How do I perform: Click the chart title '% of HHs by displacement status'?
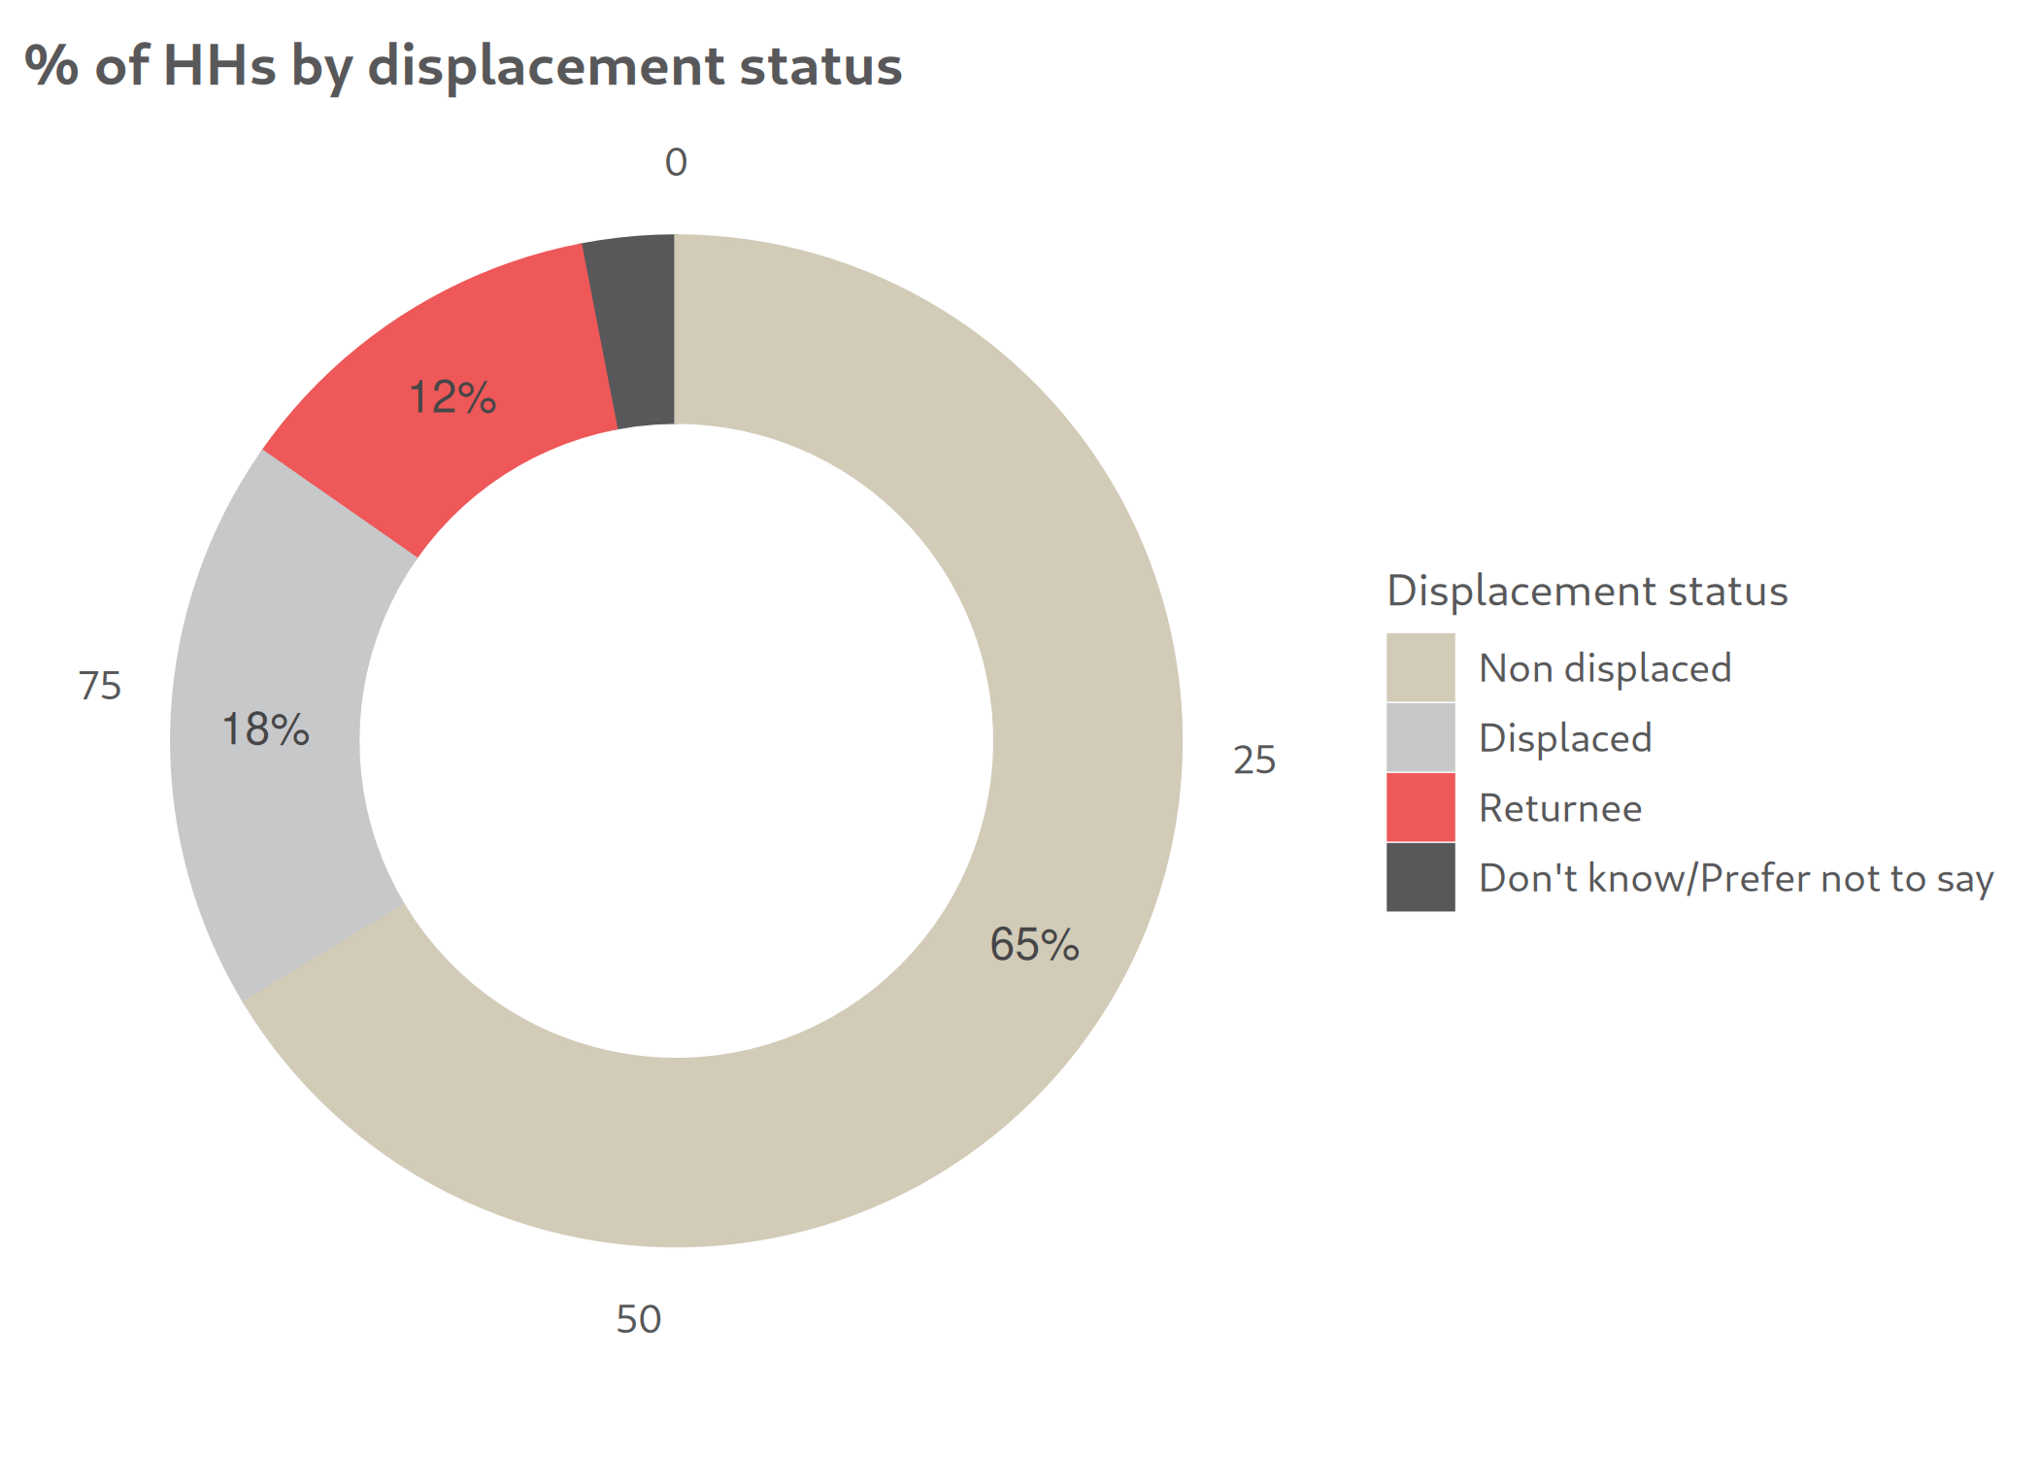(x=463, y=66)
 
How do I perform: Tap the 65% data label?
(x=1034, y=944)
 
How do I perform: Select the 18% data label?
(x=265, y=729)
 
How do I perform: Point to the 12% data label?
(x=452, y=397)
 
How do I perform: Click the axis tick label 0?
(x=676, y=162)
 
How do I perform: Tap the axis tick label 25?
(x=1254, y=760)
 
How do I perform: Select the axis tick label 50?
(x=639, y=1319)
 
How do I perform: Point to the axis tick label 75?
(x=100, y=686)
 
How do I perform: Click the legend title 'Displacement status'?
(x=1587, y=591)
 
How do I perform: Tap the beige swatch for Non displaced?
(x=1421, y=667)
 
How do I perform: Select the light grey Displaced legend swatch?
(x=1421, y=737)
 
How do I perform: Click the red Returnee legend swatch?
(x=1421, y=807)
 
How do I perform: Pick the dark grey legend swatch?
(x=1421, y=877)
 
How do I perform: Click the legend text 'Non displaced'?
(x=1605, y=668)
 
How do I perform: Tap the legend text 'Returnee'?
(x=1560, y=808)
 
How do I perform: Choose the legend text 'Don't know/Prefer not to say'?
(x=1736, y=878)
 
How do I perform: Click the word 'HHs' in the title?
(x=219, y=66)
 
